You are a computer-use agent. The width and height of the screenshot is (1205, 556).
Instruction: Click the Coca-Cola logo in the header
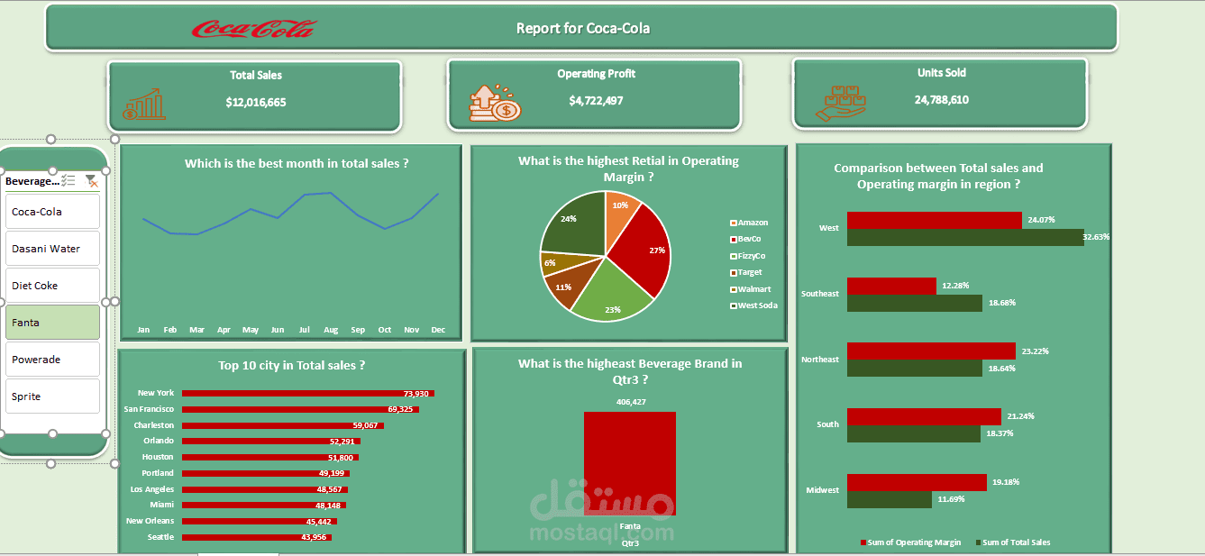pos(253,29)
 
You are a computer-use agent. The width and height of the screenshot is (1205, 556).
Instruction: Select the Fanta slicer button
pos(52,322)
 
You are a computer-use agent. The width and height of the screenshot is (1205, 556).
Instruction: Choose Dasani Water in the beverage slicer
pos(52,249)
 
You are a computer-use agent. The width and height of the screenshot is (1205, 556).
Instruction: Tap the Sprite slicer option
pos(52,396)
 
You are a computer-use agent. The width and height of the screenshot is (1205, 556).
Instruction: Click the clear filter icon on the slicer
pos(91,181)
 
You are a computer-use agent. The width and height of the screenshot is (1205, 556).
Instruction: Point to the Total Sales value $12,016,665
pos(256,103)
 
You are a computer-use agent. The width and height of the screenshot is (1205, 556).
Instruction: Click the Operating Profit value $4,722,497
pos(596,101)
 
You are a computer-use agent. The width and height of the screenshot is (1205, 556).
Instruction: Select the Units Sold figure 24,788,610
pos(941,100)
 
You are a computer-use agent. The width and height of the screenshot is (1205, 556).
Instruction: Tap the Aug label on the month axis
pos(331,330)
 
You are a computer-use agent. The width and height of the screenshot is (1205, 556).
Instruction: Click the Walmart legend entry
pos(754,289)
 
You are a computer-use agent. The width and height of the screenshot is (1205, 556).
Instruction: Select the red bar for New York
pos(307,394)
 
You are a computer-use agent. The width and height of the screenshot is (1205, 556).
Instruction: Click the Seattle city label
pos(161,537)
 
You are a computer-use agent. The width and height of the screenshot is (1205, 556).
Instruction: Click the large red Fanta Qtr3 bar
pos(629,463)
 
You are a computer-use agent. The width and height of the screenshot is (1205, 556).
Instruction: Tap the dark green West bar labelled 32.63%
pos(964,237)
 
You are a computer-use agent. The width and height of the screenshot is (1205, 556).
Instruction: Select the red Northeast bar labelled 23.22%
pos(931,351)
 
